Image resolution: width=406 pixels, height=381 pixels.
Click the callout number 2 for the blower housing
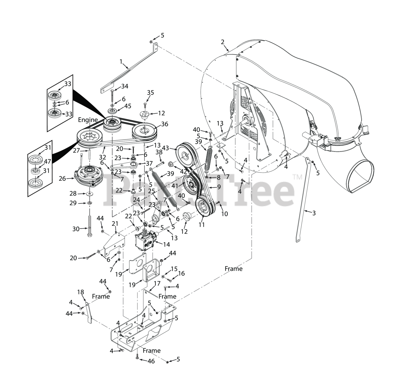point(222,42)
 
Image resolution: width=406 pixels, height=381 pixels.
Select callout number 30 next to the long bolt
point(76,229)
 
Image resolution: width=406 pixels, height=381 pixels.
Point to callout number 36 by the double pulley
point(165,124)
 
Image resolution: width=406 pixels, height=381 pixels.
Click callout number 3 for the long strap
point(314,213)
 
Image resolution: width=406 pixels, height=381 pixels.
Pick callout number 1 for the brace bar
point(121,61)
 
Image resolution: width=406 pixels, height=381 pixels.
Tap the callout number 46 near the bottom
point(151,361)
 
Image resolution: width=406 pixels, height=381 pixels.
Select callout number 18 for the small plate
point(81,292)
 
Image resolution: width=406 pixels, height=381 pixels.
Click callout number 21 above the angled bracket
point(115,224)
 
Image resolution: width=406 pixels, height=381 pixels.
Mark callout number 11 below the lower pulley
point(201,225)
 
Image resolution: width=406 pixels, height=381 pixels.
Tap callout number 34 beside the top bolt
point(125,86)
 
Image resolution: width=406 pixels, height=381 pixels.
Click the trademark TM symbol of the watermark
point(297,177)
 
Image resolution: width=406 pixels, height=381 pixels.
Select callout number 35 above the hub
point(150,93)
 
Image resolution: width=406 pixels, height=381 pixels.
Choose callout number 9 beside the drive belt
point(219,187)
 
